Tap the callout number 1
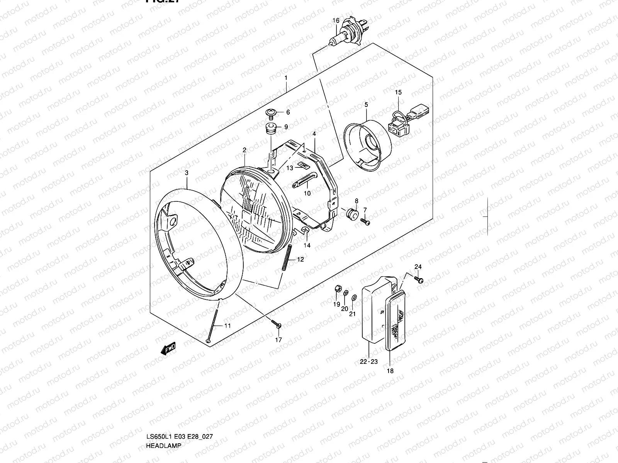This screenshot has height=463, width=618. [286, 78]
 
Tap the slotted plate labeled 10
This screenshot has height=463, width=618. [305, 181]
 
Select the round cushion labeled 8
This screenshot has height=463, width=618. [351, 213]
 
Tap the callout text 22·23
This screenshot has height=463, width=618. [369, 362]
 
